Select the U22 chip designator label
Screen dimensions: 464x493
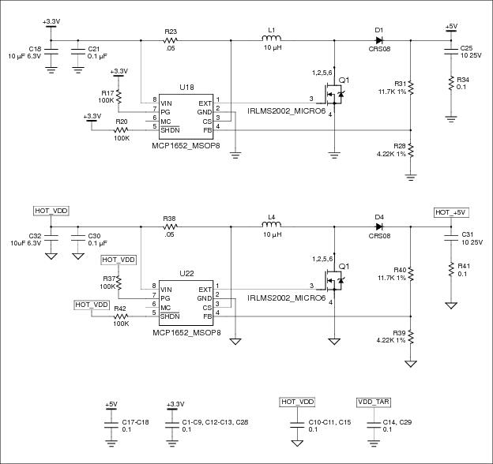186,273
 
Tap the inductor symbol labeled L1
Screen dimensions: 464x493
272,39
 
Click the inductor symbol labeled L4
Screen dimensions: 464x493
272,226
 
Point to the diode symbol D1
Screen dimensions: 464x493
379,39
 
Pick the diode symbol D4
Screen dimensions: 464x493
379,226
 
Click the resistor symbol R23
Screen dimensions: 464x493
171,39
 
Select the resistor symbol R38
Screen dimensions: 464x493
169,226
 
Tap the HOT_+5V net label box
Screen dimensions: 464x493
451,212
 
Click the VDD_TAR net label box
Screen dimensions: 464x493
374,402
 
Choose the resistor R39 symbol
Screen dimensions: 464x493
411,337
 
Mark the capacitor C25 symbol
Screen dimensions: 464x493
451,52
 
